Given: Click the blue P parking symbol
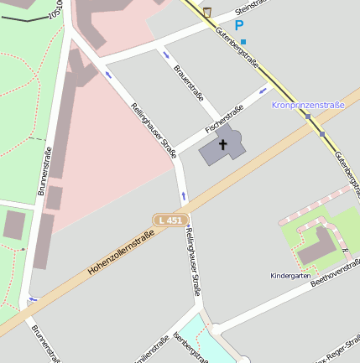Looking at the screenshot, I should tap(239, 25).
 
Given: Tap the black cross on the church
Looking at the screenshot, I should tap(223, 144).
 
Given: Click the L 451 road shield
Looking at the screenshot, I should tap(169, 220).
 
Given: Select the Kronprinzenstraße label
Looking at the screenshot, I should tap(308, 106).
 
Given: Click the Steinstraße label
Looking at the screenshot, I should tap(252, 8).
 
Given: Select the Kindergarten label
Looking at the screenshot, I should tap(290, 275).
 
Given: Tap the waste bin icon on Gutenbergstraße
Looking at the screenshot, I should tap(207, 12).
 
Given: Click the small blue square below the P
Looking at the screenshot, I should tap(243, 41).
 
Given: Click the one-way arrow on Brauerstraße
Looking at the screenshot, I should tap(164, 54).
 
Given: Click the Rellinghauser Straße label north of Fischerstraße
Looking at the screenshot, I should tap(154, 130).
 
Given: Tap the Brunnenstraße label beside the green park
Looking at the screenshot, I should tap(45, 171).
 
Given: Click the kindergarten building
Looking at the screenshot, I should tap(316, 244).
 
